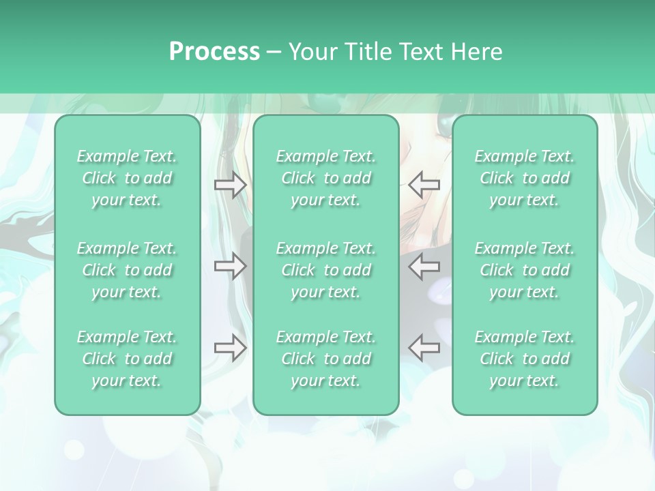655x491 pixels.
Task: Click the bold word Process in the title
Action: (x=214, y=52)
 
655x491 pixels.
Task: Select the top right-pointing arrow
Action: (x=230, y=185)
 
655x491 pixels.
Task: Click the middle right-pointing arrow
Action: (x=230, y=266)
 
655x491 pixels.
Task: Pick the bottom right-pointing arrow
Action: (x=230, y=348)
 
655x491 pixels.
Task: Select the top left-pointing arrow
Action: (x=424, y=185)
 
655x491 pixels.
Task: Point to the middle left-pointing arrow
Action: (x=424, y=266)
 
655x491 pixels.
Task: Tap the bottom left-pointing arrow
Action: (x=424, y=348)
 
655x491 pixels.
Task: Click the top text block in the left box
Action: (x=127, y=178)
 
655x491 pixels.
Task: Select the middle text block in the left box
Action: (x=127, y=270)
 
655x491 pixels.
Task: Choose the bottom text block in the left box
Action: (x=127, y=359)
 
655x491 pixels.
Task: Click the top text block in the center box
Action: (x=325, y=178)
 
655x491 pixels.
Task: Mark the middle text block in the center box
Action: (x=325, y=270)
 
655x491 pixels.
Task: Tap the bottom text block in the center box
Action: (x=325, y=359)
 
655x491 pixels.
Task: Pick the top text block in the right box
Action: (x=524, y=178)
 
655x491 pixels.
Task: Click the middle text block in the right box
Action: (x=524, y=270)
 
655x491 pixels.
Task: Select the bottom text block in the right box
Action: (x=524, y=359)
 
